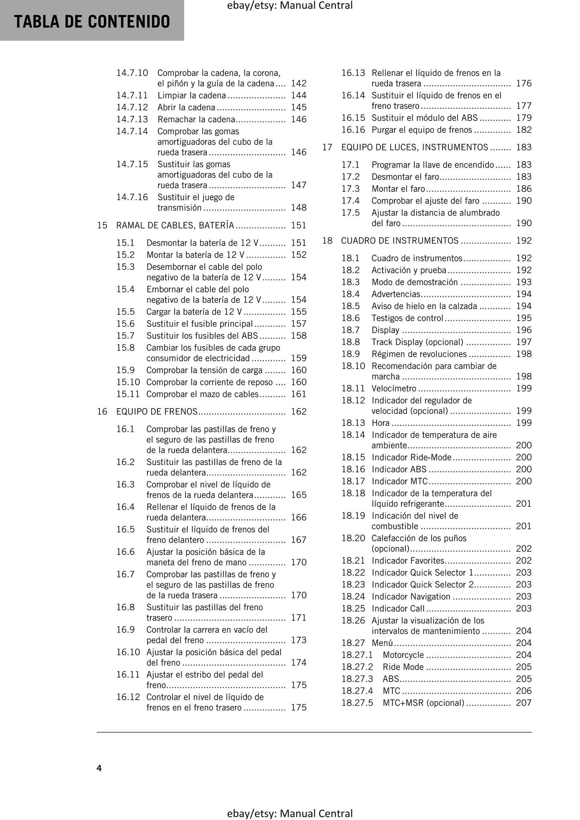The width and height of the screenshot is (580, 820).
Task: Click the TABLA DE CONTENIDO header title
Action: [92, 22]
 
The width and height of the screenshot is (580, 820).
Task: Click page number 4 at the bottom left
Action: [99, 767]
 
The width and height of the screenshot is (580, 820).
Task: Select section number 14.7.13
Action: [132, 119]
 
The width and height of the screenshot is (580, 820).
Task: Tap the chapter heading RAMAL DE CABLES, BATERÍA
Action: [175, 225]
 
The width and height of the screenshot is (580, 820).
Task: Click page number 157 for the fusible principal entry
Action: [299, 324]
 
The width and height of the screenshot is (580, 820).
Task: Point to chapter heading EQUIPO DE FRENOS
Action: [157, 411]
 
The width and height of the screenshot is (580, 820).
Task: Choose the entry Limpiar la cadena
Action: [191, 95]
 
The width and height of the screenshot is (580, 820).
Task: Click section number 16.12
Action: [128, 697]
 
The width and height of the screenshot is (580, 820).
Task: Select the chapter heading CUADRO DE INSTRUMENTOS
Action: [399, 241]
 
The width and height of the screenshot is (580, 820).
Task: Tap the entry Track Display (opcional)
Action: [417, 342]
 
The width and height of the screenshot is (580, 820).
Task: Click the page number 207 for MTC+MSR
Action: [523, 703]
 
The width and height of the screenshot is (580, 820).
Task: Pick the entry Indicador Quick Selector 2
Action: [422, 584]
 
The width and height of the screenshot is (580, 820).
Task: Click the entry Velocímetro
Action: [394, 388]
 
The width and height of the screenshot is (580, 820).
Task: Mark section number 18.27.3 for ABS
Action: [357, 678]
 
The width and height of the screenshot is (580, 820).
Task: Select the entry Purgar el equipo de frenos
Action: [421, 130]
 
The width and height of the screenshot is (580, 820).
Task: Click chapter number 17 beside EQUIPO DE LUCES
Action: [327, 147]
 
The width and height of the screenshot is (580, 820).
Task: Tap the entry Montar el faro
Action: [398, 189]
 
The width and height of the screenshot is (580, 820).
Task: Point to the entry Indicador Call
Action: [398, 608]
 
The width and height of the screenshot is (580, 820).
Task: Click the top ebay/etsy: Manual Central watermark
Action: [290, 6]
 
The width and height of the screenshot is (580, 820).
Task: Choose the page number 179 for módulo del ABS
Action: [523, 118]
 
